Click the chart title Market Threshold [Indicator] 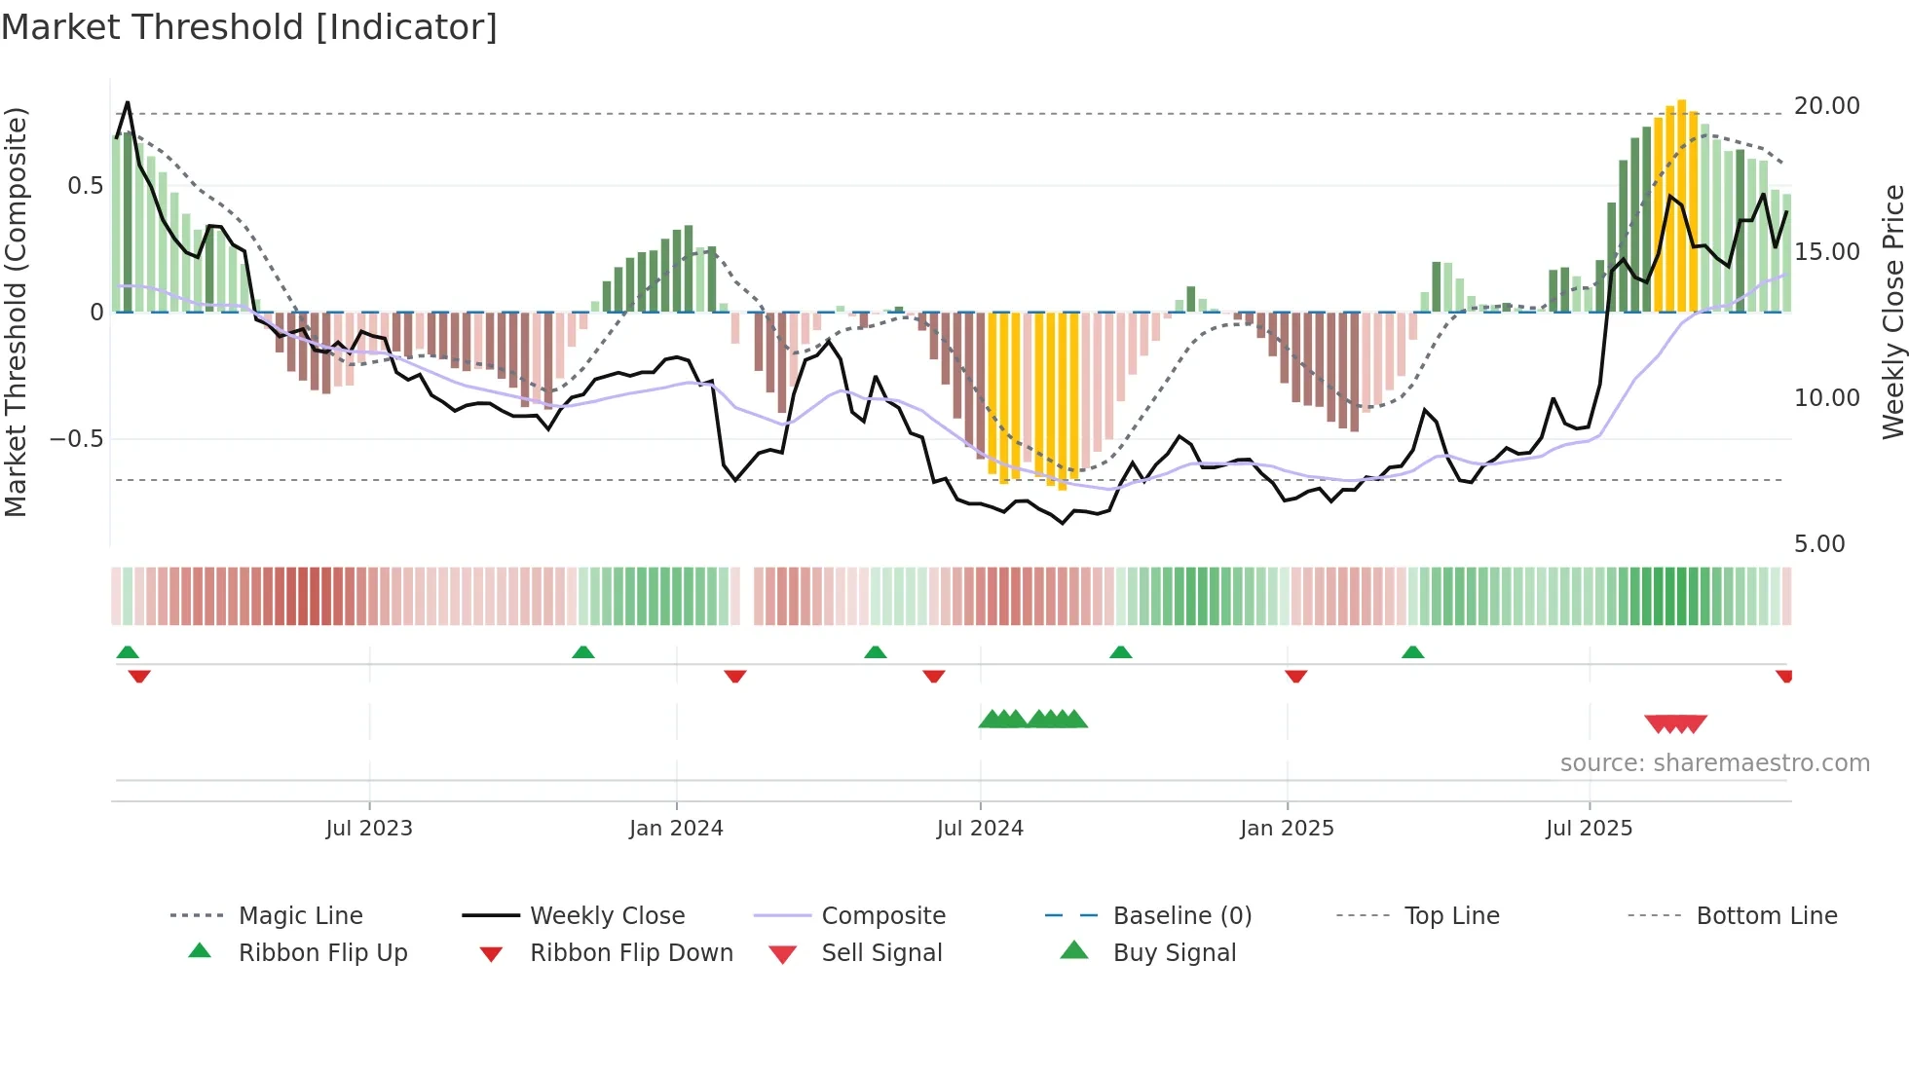[x=249, y=27]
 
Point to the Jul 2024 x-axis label [x=980, y=829]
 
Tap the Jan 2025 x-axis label [x=1287, y=829]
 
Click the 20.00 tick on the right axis [x=1826, y=106]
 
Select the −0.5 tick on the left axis [x=77, y=439]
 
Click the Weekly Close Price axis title [x=1892, y=312]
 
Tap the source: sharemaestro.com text [x=1714, y=763]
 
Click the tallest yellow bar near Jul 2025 [x=1682, y=204]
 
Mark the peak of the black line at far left [x=128, y=102]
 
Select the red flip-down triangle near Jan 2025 [x=1295, y=676]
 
